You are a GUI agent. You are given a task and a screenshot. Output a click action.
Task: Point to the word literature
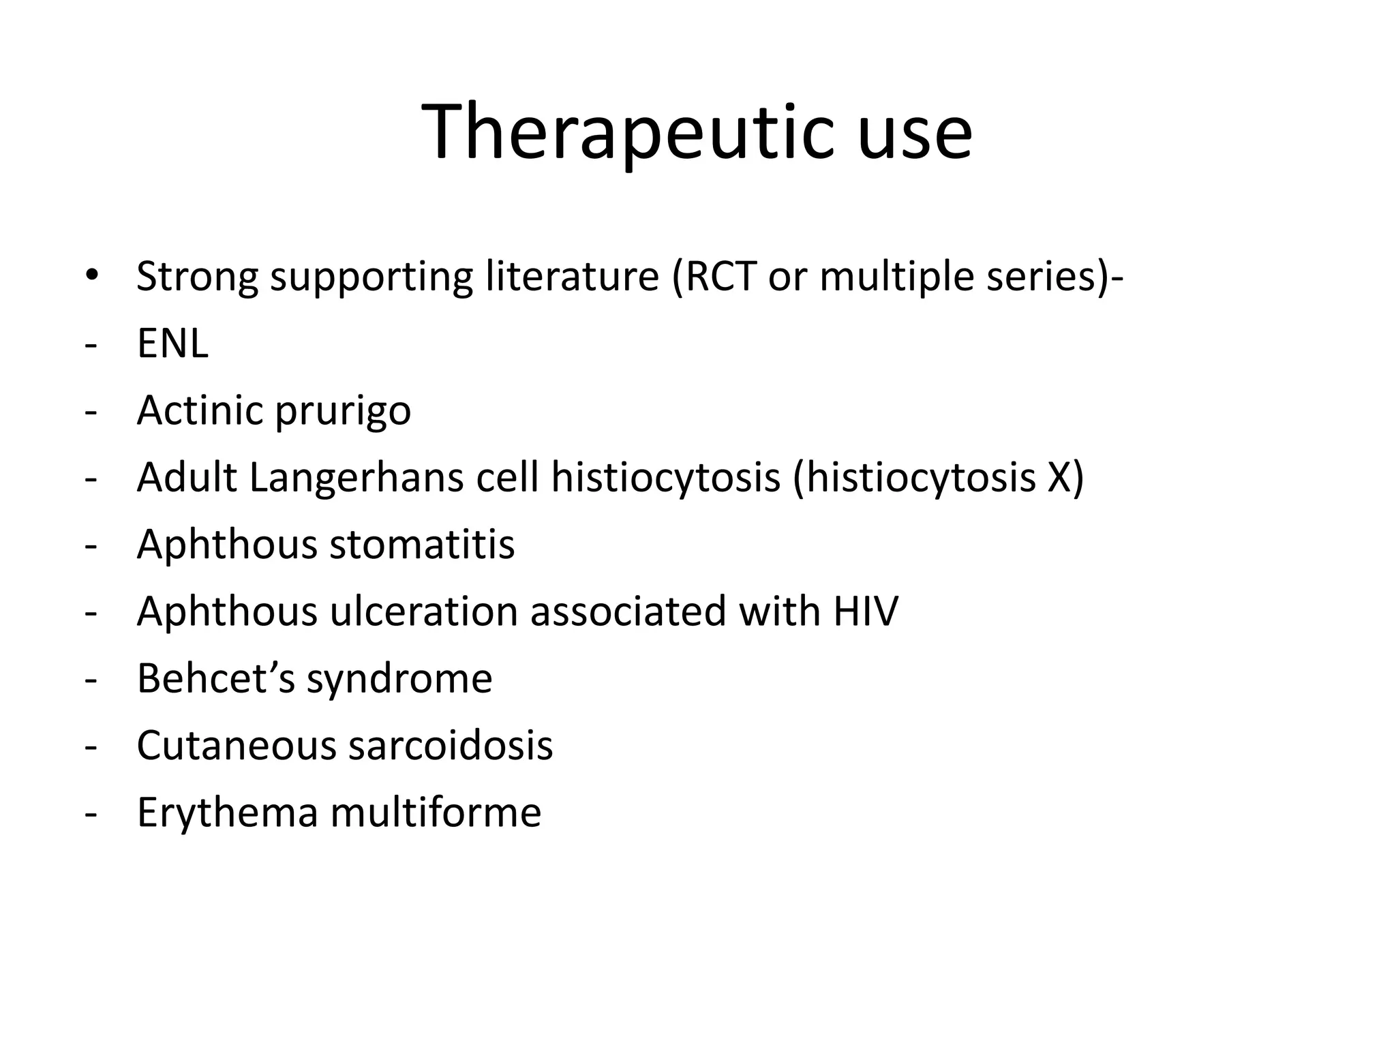(572, 277)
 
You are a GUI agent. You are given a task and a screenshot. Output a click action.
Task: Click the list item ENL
(172, 344)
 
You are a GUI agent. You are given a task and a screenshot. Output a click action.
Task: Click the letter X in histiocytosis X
(1057, 477)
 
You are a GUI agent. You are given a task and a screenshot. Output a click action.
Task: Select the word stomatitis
(422, 545)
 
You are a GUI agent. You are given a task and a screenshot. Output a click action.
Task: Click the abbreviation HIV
(865, 611)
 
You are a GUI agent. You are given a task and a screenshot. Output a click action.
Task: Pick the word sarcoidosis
(451, 745)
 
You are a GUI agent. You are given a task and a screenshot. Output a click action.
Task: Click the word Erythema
(228, 813)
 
